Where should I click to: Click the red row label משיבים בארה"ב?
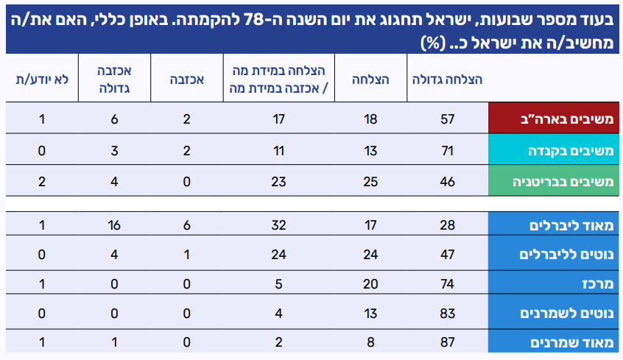555,119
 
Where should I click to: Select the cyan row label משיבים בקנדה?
555,149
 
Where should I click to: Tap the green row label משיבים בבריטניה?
555,180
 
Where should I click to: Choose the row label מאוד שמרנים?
555,343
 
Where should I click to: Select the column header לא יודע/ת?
42,78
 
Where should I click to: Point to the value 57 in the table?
448,119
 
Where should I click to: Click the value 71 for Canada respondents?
448,149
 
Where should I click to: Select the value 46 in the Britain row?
448,180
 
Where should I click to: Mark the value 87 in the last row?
448,343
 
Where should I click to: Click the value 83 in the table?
448,314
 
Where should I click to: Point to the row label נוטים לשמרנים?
555,314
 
